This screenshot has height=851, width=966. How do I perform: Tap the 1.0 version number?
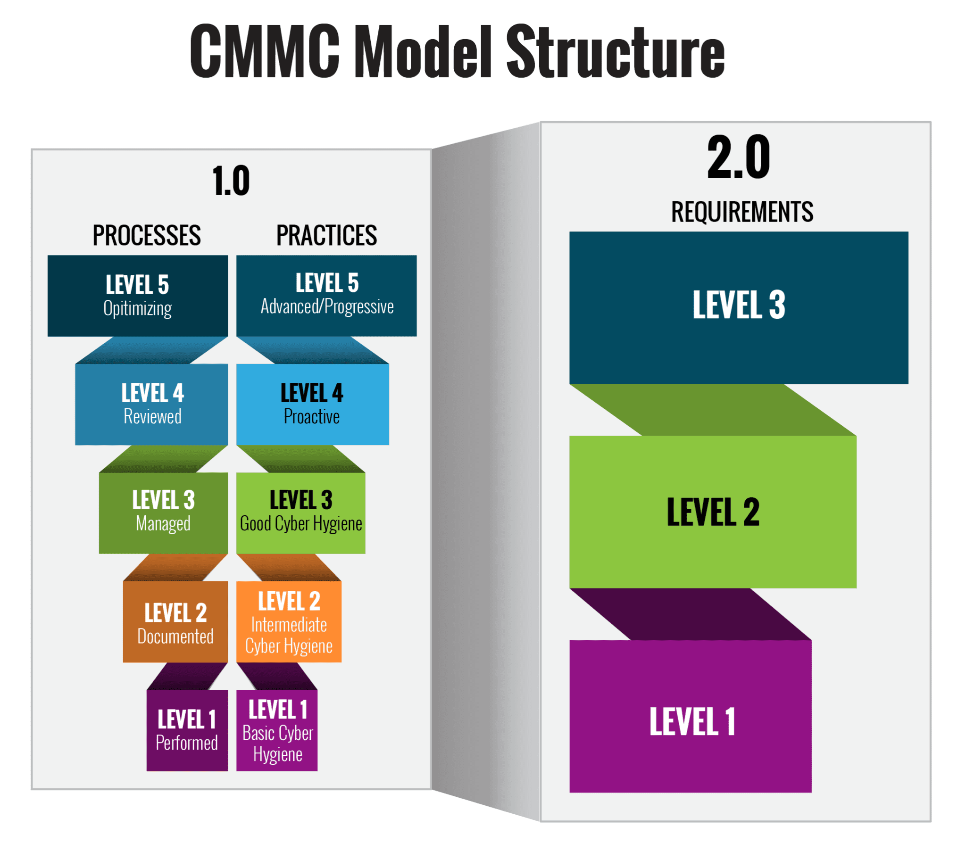point(231,181)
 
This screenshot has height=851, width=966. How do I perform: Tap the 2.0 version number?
point(738,157)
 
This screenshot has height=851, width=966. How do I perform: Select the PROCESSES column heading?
point(147,235)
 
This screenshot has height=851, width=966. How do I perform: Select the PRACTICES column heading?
point(326,235)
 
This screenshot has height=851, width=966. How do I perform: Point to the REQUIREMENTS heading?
point(742,212)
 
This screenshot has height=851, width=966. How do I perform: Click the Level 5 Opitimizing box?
point(138,296)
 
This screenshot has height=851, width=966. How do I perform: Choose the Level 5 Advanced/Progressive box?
point(326,296)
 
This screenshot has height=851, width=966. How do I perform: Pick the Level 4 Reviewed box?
point(152,405)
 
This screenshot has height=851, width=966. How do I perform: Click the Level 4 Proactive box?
point(312,405)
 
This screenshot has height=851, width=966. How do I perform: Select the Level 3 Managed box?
point(164,512)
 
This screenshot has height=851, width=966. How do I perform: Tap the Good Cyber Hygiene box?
point(300,512)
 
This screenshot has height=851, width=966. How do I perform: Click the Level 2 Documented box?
point(175,622)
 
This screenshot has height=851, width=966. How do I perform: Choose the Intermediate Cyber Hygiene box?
point(289,622)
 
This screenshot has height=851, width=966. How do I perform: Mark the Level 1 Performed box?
point(187,730)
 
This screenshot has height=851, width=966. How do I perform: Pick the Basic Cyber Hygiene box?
point(277,730)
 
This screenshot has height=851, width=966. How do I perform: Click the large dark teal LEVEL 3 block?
point(738,307)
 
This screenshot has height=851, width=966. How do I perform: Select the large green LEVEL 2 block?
point(713,512)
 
